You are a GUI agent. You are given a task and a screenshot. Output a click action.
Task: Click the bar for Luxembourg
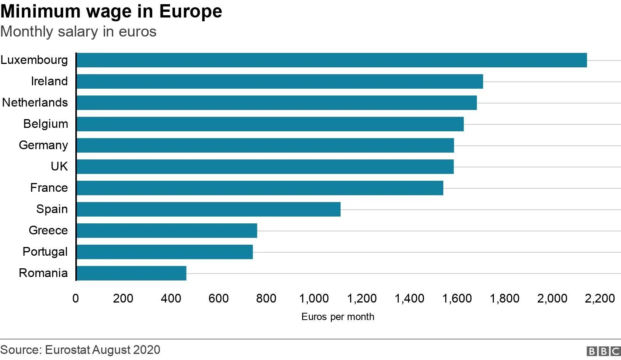tap(331, 60)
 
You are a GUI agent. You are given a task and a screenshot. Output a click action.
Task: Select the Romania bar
tap(131, 273)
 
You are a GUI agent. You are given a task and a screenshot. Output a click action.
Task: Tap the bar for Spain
tap(208, 209)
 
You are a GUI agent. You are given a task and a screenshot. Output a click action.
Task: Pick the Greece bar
tap(167, 231)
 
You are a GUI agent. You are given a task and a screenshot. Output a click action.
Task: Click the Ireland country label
tap(49, 81)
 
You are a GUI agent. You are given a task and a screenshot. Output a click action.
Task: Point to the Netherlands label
tap(35, 102)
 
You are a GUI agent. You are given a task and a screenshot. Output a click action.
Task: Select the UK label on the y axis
tap(59, 166)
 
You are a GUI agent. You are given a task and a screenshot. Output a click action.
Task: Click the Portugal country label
tap(45, 252)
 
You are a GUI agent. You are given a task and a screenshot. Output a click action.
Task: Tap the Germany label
tap(43, 145)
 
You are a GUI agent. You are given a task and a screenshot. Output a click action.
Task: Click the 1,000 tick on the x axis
tap(314, 298)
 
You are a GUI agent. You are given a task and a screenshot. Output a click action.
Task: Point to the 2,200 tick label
tap(600, 298)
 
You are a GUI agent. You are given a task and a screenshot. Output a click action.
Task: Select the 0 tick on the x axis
tap(76, 298)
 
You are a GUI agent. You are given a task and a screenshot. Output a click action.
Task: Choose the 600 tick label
tap(218, 298)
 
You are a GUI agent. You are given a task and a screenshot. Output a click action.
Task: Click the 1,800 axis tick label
tap(505, 298)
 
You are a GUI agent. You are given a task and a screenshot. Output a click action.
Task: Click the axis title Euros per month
tap(338, 317)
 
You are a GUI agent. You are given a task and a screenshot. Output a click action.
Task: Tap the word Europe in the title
tap(190, 11)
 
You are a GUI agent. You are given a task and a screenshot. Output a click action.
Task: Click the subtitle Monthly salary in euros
tap(78, 32)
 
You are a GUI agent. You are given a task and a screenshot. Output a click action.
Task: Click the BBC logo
tap(603, 351)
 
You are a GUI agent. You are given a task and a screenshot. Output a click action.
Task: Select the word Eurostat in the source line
tap(67, 350)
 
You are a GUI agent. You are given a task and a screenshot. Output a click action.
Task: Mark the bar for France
tap(260, 188)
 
